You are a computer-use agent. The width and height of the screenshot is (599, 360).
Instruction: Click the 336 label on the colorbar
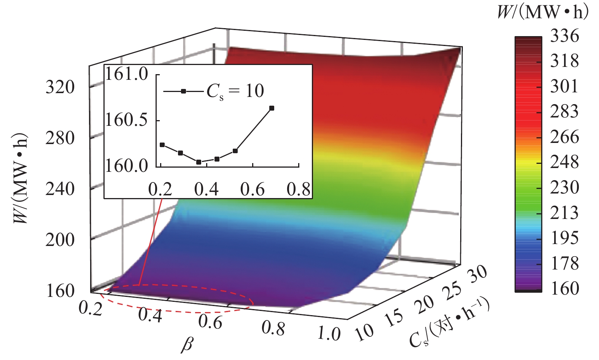click(564, 36)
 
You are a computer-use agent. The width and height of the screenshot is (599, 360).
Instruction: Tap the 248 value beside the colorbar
click(564, 162)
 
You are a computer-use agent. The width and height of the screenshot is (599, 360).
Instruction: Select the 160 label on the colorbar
click(564, 289)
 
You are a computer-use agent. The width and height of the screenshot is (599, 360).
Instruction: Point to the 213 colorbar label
click(564, 213)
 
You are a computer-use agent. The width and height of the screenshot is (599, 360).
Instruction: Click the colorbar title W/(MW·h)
click(543, 13)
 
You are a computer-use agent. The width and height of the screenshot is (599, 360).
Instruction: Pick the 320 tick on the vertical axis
click(60, 88)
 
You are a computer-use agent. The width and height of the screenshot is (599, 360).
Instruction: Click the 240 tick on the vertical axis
click(60, 189)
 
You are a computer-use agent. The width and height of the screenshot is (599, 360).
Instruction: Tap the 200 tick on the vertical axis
click(60, 240)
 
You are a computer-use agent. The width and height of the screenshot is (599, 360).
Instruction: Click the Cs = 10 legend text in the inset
click(235, 91)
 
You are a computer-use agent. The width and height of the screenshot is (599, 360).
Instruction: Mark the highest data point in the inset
click(272, 108)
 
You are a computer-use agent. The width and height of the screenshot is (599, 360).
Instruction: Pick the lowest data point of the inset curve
click(199, 162)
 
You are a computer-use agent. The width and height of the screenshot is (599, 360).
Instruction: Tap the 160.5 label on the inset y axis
click(126, 121)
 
